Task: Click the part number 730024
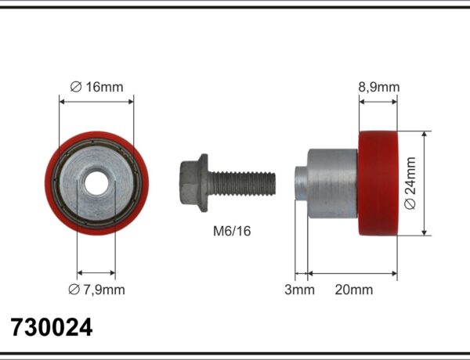click(52, 327)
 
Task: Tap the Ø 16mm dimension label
click(96, 87)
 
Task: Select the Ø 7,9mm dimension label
click(96, 290)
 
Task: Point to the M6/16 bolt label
click(232, 231)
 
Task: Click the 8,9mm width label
click(379, 87)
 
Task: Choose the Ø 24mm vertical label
click(410, 183)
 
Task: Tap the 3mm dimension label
click(299, 290)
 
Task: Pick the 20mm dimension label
click(354, 290)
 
